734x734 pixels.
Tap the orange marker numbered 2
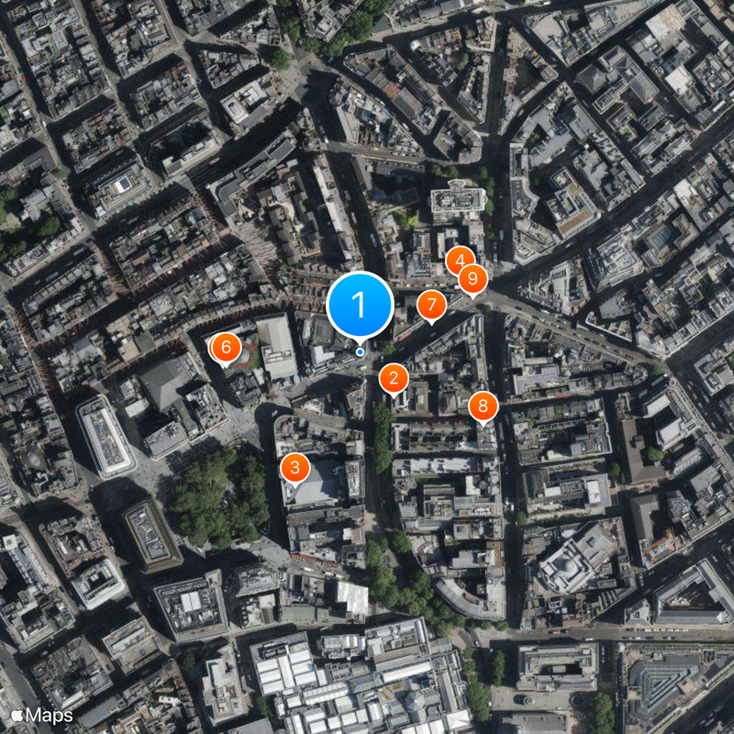click(394, 377)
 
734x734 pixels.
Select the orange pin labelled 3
click(295, 467)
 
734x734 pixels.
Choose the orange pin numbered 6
click(226, 347)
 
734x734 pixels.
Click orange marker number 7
click(431, 305)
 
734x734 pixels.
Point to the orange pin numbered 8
click(484, 405)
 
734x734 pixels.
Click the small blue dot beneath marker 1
click(360, 351)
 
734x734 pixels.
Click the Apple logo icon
click(16, 714)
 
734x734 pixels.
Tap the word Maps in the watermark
click(48, 714)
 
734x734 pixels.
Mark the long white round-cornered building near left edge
click(105, 436)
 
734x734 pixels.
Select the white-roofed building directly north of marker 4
click(457, 199)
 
